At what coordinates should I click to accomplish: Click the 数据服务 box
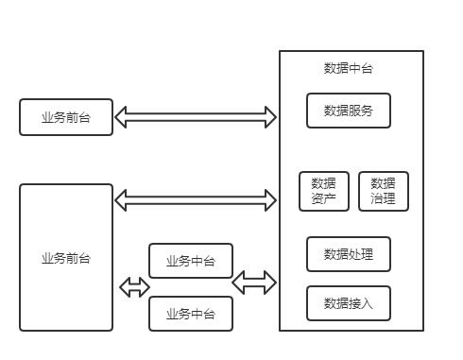point(348,111)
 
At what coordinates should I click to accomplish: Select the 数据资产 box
point(323,191)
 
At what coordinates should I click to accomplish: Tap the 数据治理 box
point(383,191)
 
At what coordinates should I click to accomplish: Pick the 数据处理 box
point(348,254)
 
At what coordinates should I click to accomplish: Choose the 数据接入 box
point(348,303)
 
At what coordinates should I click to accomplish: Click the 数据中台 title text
point(349,69)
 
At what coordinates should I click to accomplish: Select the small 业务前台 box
point(66,117)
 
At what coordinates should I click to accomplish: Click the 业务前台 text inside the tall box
point(66,258)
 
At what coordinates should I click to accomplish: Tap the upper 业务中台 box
point(190,261)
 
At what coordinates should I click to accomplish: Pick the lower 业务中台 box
point(190,314)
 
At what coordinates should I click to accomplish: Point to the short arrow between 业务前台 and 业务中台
point(134,287)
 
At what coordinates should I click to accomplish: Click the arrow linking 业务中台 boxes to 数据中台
point(254,282)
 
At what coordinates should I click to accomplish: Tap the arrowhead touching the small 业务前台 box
point(121,117)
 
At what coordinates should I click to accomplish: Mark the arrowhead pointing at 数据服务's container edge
point(270,117)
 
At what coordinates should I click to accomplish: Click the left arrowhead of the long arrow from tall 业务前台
point(121,199)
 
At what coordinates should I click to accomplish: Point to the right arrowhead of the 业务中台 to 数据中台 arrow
point(270,282)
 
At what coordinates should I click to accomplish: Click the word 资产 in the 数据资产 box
point(323,199)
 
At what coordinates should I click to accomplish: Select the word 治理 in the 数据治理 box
point(383,199)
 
